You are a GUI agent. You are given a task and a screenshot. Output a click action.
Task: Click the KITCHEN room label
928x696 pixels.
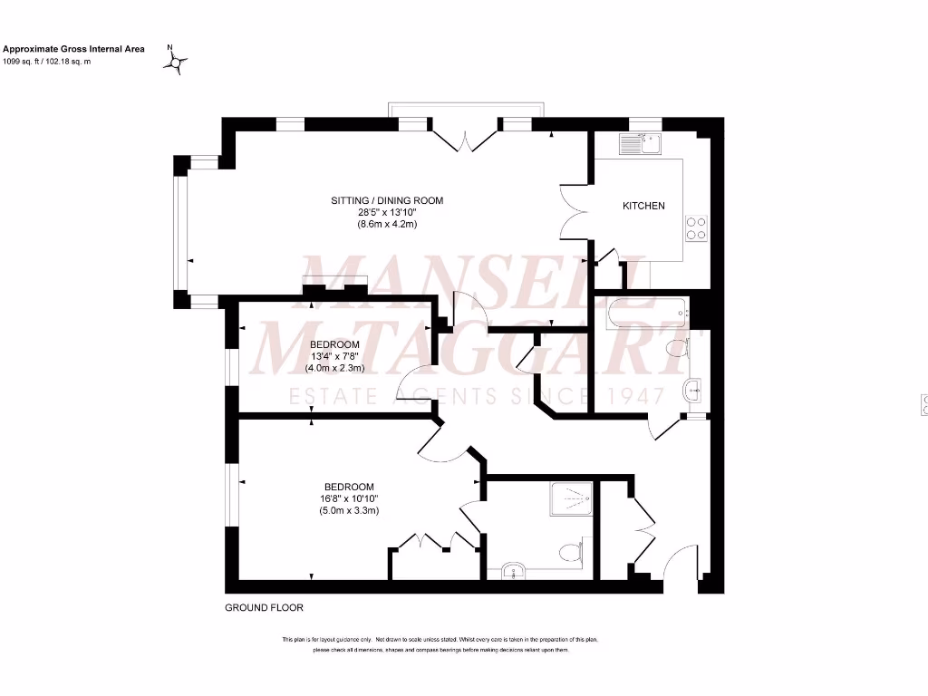(643, 206)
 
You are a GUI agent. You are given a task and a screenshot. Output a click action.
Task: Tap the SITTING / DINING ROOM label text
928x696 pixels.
(387, 200)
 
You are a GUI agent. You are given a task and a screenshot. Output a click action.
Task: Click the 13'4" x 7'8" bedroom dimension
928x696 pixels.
(334, 356)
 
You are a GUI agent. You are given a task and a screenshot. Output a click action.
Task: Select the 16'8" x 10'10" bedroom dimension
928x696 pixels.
(349, 498)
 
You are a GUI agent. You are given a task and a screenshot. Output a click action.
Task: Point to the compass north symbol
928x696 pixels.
(175, 62)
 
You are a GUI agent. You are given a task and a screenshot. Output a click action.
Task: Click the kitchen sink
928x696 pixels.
(643, 144)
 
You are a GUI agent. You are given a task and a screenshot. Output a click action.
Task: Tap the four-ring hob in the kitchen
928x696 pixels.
(696, 227)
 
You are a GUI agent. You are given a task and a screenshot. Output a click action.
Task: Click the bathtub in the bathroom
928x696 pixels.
(643, 314)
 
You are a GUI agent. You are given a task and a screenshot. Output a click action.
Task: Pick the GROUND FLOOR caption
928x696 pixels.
(264, 608)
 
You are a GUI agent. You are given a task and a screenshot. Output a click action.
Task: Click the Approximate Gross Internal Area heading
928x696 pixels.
(74, 49)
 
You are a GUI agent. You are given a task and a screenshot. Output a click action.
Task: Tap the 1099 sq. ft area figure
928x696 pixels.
(24, 62)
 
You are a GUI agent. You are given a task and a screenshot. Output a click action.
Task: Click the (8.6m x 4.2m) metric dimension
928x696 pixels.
(387, 224)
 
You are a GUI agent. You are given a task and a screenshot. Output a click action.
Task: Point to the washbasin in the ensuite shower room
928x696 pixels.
(513, 571)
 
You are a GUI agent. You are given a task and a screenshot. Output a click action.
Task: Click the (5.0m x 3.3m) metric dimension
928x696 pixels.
(349, 511)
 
